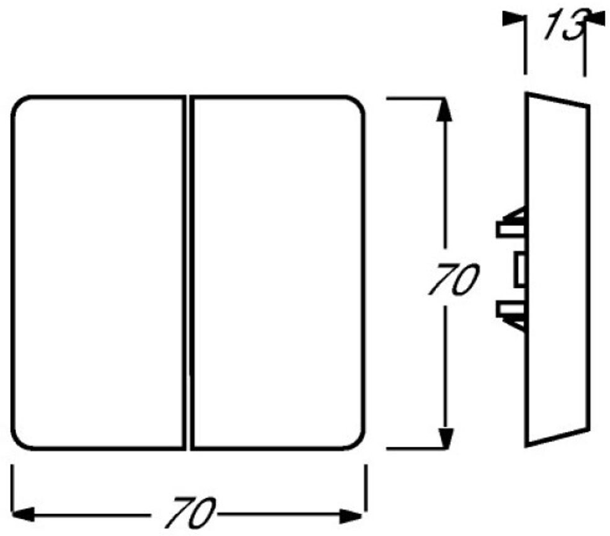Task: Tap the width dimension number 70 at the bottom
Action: [188, 512]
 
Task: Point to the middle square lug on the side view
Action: [518, 269]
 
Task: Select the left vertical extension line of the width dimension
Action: [12, 490]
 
